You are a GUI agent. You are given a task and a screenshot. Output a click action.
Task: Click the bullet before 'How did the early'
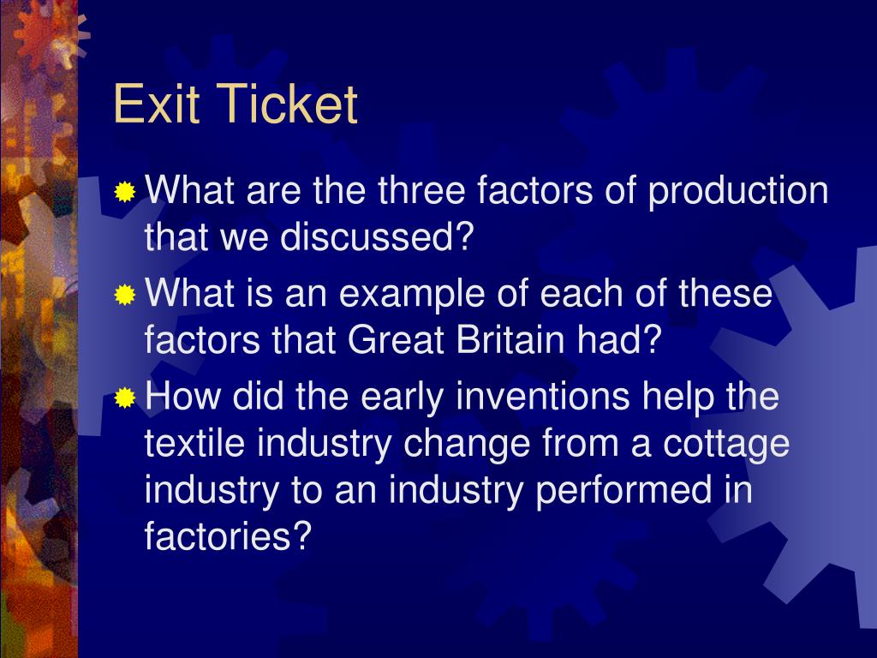coord(125,398)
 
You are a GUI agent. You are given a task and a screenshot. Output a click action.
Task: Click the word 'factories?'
coord(227,537)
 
